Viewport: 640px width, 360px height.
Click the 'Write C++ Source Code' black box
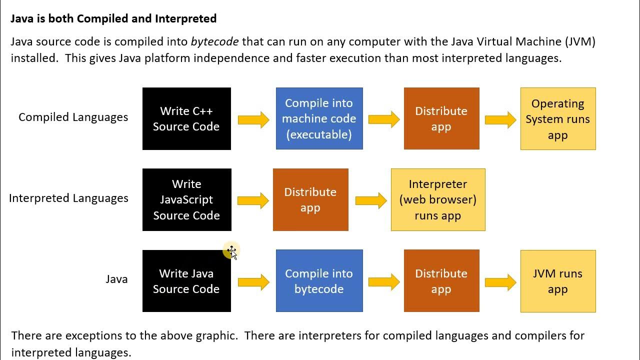tap(186, 118)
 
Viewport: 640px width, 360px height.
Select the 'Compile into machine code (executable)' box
tap(319, 118)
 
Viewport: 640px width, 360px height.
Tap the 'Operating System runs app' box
tap(557, 118)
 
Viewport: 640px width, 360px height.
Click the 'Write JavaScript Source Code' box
tap(186, 199)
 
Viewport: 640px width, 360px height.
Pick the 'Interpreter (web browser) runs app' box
tap(437, 199)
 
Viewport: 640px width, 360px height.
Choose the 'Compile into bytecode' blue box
tap(319, 281)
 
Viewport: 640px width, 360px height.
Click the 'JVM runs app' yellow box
tap(557, 281)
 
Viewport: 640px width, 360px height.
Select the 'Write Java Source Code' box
tap(186, 281)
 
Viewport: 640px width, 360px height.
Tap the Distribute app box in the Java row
tap(441, 281)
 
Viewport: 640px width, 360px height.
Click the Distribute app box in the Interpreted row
tap(310, 199)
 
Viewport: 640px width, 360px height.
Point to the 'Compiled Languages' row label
tap(73, 117)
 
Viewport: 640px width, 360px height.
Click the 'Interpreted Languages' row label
tap(68, 198)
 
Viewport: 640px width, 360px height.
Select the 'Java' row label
tap(116, 279)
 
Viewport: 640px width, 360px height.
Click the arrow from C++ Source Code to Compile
tap(253, 119)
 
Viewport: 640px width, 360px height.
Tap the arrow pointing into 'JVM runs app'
tap(500, 282)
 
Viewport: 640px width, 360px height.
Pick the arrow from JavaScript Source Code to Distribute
tap(253, 200)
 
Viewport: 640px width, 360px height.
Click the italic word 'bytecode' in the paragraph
tap(214, 41)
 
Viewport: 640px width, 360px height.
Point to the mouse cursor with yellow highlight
tap(232, 251)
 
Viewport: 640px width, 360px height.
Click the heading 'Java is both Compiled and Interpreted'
tap(113, 18)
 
